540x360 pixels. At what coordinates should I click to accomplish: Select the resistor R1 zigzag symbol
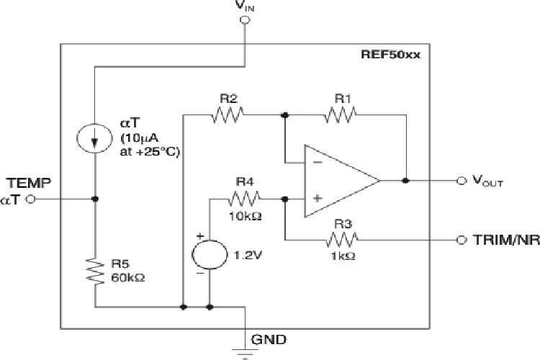(x=341, y=114)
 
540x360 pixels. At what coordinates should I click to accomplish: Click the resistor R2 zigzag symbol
(x=229, y=114)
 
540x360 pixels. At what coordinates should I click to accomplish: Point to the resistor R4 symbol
(x=245, y=198)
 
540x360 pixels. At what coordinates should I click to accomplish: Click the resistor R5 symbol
(x=96, y=270)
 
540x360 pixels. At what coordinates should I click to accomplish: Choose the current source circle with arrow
(x=96, y=139)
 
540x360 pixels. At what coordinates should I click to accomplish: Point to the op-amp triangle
(x=338, y=181)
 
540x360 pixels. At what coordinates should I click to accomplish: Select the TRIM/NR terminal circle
(x=461, y=238)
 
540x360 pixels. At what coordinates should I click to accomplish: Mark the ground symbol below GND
(x=244, y=353)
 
